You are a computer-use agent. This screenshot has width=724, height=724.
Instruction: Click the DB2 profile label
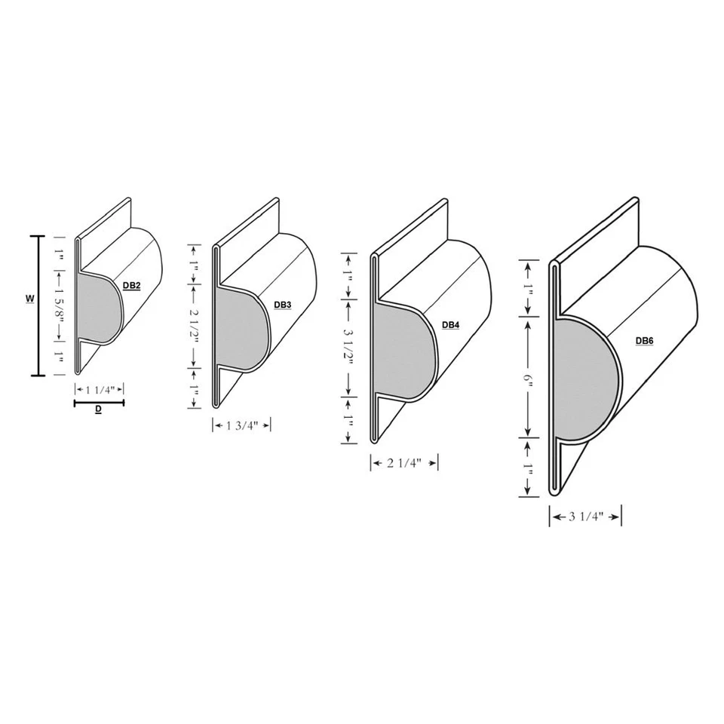(131, 286)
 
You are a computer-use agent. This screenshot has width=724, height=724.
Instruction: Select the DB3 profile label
(283, 305)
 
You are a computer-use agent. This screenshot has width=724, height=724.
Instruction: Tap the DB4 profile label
(450, 325)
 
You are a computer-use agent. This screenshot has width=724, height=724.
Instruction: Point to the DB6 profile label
(644, 341)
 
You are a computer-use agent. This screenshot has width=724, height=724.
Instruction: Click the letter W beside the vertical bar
(29, 299)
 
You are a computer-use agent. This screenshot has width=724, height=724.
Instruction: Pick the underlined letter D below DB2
(99, 411)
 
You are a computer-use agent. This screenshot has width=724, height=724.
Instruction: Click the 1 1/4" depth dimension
(99, 390)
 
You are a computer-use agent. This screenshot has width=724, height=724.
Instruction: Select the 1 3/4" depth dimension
(241, 425)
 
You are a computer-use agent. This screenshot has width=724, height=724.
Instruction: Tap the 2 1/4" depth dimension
(404, 463)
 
